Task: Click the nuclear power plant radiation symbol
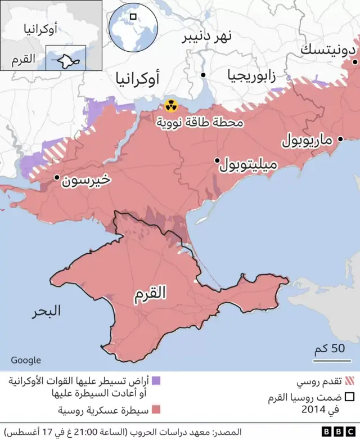point(170,105)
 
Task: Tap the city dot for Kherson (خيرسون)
point(56,178)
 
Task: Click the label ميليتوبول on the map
point(248,165)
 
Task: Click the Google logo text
point(26,360)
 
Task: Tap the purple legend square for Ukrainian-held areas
point(156,381)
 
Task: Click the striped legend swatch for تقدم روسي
point(349,381)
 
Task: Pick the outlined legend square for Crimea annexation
point(349,397)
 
